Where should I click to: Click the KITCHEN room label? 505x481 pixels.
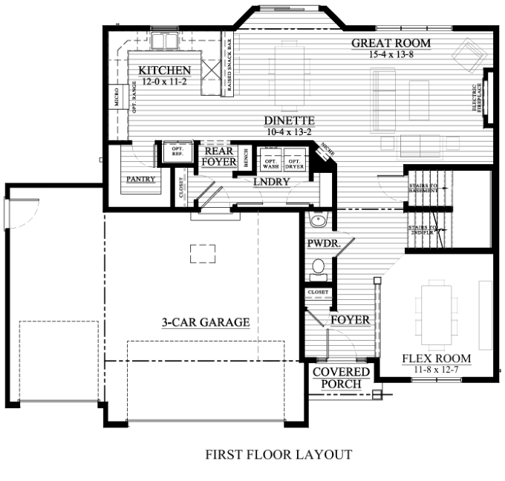165,71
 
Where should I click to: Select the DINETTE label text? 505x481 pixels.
290,120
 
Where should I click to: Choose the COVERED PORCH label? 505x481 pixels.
341,377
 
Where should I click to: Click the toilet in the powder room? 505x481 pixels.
319,266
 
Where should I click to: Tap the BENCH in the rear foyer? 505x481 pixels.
246,161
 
